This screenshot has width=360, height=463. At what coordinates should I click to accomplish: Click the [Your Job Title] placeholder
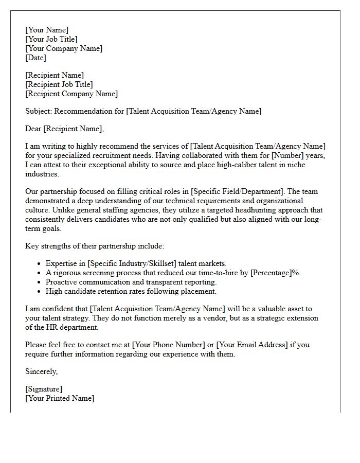(x=51, y=39)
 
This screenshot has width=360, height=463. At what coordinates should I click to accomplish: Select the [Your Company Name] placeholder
(x=64, y=48)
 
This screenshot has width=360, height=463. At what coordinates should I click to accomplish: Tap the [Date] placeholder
(x=35, y=58)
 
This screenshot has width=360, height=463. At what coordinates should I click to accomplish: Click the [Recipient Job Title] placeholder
(x=59, y=84)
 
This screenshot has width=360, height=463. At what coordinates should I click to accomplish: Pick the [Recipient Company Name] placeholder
(x=71, y=94)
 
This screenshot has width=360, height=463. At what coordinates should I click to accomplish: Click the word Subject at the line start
(x=39, y=111)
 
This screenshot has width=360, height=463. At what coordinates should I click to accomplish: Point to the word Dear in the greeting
(x=33, y=129)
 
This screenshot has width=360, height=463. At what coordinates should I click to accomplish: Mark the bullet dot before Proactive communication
(x=40, y=282)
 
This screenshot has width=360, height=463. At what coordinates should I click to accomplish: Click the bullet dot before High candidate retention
(x=40, y=292)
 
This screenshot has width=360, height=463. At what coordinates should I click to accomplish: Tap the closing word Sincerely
(x=41, y=371)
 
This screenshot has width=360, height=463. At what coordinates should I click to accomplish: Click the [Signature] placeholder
(x=44, y=389)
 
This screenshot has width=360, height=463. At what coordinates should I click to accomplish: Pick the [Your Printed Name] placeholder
(x=60, y=398)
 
